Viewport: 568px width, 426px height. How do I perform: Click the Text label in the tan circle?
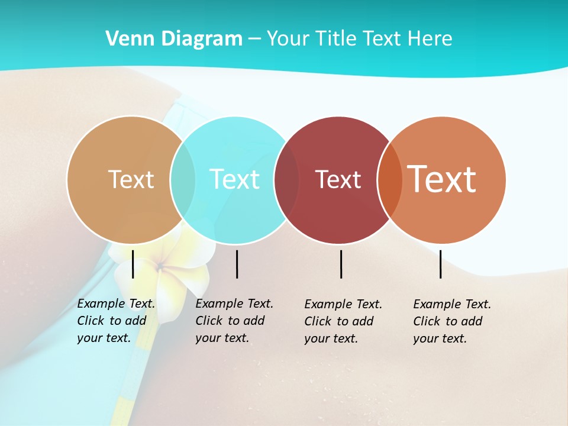tap(131, 179)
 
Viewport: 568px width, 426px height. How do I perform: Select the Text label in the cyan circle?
tap(234, 179)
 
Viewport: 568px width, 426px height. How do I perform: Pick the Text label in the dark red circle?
tap(338, 179)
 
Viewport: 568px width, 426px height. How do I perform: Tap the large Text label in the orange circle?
tap(441, 179)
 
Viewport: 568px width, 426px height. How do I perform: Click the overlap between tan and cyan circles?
tap(183, 179)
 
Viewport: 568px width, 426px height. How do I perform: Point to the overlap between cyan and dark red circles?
tap(287, 179)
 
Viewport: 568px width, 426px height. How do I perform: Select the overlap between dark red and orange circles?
tap(390, 179)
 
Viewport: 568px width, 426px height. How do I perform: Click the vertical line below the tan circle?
tap(133, 264)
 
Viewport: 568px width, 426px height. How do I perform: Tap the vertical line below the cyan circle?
tap(237, 264)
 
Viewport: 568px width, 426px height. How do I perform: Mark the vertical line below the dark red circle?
tap(341, 264)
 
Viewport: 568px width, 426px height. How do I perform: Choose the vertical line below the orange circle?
tap(441, 264)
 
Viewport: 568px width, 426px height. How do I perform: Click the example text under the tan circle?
tap(116, 321)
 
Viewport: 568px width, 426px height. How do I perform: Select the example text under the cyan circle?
tap(234, 321)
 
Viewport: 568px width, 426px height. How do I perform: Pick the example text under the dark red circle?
tap(343, 321)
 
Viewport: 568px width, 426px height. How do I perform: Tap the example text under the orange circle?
tap(452, 321)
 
